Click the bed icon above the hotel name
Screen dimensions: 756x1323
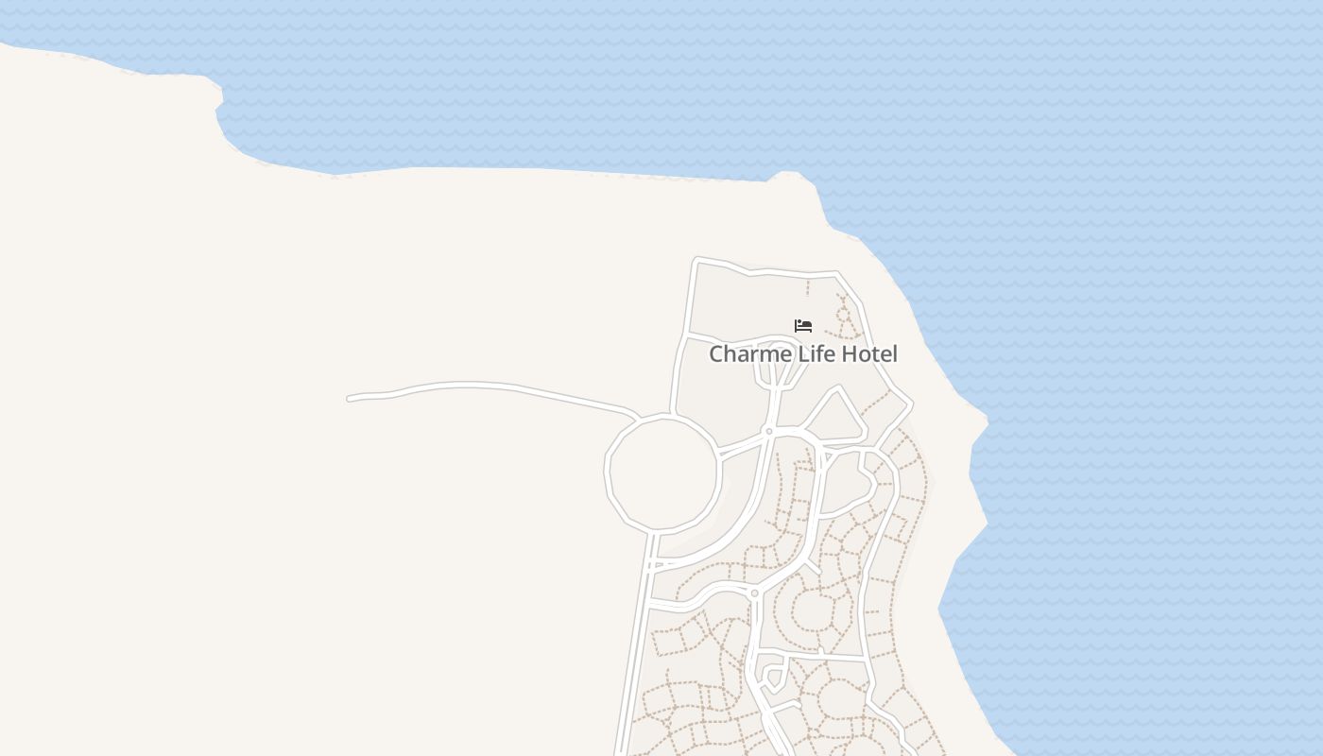(803, 326)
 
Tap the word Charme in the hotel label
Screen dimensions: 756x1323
(745, 354)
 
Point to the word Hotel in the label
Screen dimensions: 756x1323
(868, 354)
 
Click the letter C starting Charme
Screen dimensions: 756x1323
(716, 354)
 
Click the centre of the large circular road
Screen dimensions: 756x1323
(662, 472)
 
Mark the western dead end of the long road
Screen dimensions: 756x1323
(350, 399)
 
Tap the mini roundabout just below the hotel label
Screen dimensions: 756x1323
(769, 431)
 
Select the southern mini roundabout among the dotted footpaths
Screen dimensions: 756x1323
(754, 593)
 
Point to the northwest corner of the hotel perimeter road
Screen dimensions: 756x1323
(697, 259)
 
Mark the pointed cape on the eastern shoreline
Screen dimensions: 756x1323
(987, 421)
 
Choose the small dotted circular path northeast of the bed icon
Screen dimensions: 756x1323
(844, 313)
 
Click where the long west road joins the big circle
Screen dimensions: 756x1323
(635, 416)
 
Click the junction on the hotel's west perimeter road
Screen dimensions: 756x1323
(685, 335)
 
